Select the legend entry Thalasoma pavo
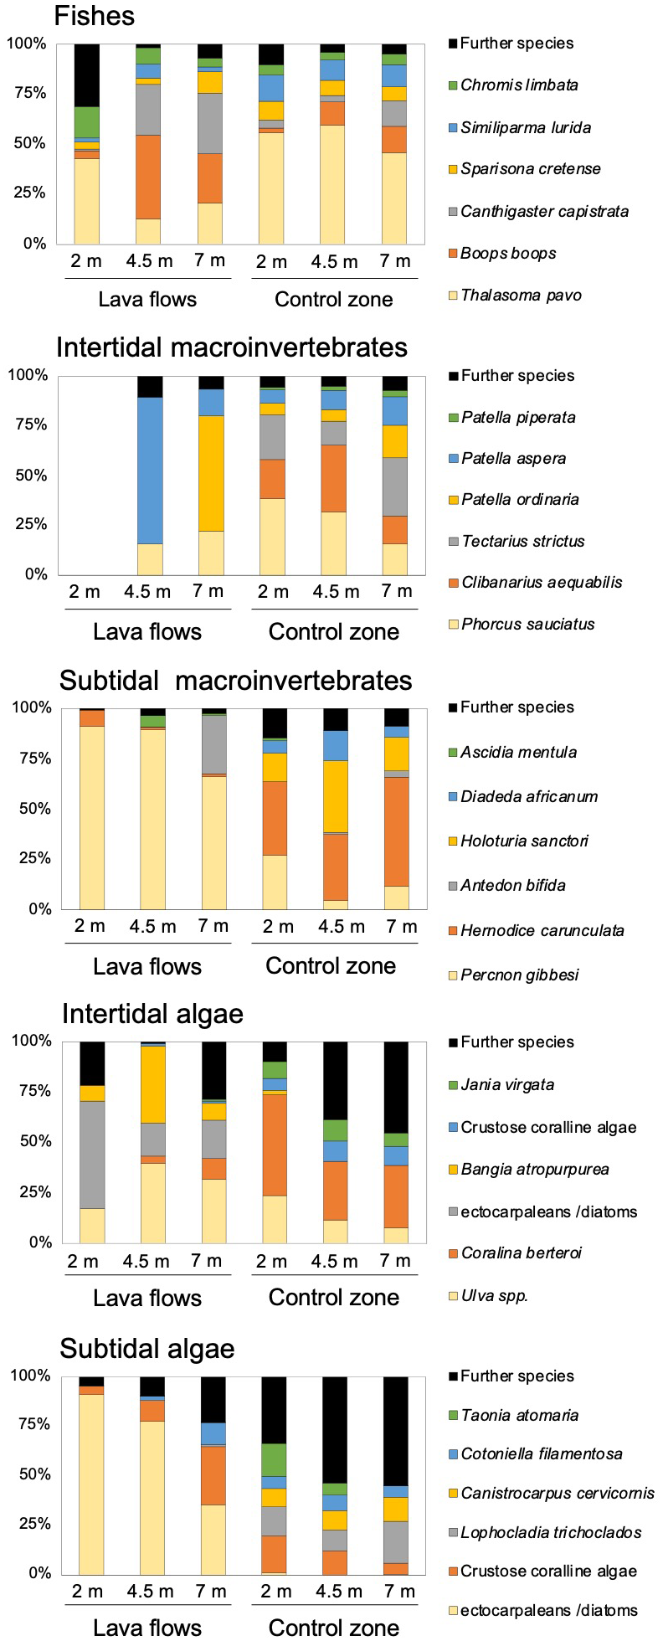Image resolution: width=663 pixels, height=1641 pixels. pyautogui.click(x=521, y=295)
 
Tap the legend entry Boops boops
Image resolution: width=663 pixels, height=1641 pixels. pyautogui.click(x=508, y=253)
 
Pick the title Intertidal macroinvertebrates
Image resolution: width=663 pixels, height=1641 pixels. pyautogui.click(x=232, y=347)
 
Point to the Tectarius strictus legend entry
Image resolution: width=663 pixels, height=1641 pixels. pyautogui.click(x=523, y=541)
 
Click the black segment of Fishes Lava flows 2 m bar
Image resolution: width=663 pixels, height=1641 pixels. pyautogui.click(x=87, y=75)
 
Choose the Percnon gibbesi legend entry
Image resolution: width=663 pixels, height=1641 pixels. pyautogui.click(x=520, y=975)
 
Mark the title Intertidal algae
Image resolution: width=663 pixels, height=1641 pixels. pyautogui.click(x=152, y=1014)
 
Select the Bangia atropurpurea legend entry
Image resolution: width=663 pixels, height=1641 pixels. pyautogui.click(x=534, y=1169)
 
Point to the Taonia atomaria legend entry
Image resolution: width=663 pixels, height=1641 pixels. pyautogui.click(x=519, y=1415)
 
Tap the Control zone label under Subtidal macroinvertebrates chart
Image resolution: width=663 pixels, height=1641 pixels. pyautogui.click(x=331, y=965)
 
